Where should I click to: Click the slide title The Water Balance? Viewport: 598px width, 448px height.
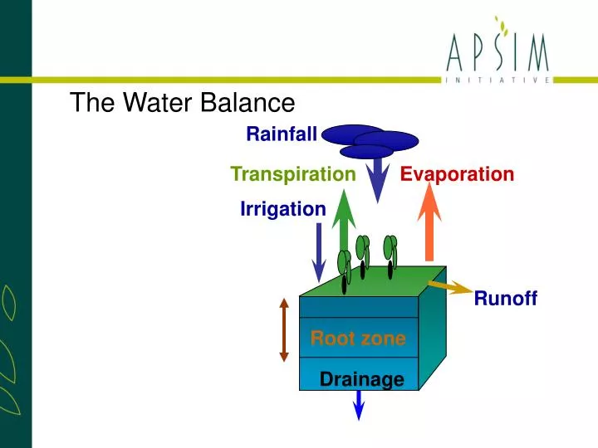(182, 102)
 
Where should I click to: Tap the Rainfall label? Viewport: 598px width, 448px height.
(281, 134)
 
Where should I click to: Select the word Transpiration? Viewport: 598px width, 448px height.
(292, 174)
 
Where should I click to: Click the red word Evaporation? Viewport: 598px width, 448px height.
(457, 174)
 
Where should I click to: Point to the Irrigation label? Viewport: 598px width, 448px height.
(282, 209)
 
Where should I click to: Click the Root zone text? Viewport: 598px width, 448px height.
(358, 338)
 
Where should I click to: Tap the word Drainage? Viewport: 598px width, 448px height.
(361, 380)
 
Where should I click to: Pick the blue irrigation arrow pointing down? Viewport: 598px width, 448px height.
(318, 253)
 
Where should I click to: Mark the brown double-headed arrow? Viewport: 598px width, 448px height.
(284, 329)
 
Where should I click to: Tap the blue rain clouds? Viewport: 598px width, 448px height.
(370, 140)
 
